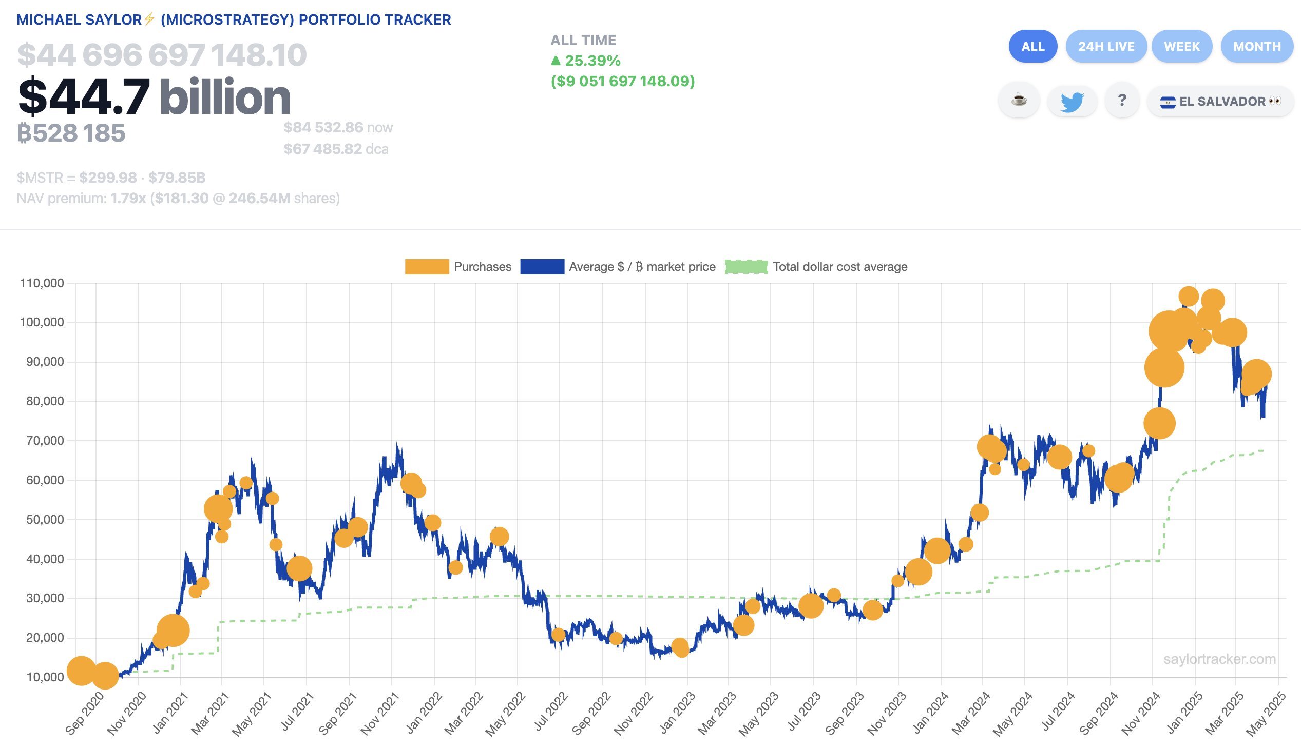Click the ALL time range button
(1032, 47)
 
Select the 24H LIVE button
(1106, 47)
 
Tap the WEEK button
(1181, 47)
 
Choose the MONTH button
(1256, 47)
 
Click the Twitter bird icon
(1072, 101)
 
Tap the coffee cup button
(1018, 100)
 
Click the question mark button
(1122, 100)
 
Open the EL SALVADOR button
(1220, 101)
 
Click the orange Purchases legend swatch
(426, 267)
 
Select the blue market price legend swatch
(542, 267)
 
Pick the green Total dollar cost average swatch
(746, 267)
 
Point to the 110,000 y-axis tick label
(42, 283)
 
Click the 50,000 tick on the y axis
(45, 519)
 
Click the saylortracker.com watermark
(1219, 659)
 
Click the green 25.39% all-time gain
(592, 61)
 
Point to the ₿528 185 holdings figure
(71, 133)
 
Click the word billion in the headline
(225, 97)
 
